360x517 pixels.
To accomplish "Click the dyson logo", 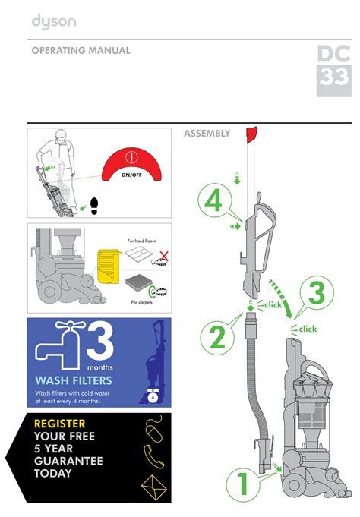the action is point(54,22).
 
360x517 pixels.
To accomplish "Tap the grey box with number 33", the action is point(334,80).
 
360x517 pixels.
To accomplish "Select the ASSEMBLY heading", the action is point(207,134).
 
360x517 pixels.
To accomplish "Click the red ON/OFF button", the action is point(131,165).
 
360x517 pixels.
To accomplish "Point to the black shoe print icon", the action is point(94,206).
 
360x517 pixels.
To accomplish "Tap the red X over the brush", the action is point(164,256).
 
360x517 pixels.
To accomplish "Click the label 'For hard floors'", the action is point(141,241).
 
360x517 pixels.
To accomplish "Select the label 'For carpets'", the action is point(141,302).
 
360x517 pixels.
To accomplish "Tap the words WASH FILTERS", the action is point(74,380).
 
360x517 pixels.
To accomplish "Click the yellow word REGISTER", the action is point(60,424).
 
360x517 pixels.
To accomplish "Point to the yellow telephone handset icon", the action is point(153,456).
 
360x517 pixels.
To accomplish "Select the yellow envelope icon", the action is point(154,487).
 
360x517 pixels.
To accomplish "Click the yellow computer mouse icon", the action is point(154,429).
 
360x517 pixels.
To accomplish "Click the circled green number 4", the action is point(215,201).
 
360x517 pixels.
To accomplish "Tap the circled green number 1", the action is point(243,484).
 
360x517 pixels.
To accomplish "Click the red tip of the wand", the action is point(251,134).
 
